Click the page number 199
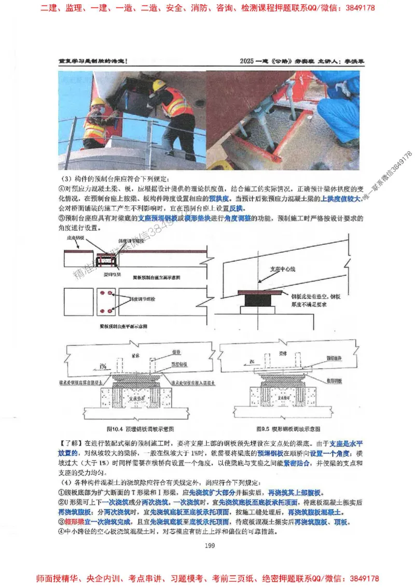[210, 544]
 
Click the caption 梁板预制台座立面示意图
[156, 278]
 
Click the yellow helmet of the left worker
[98, 102]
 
